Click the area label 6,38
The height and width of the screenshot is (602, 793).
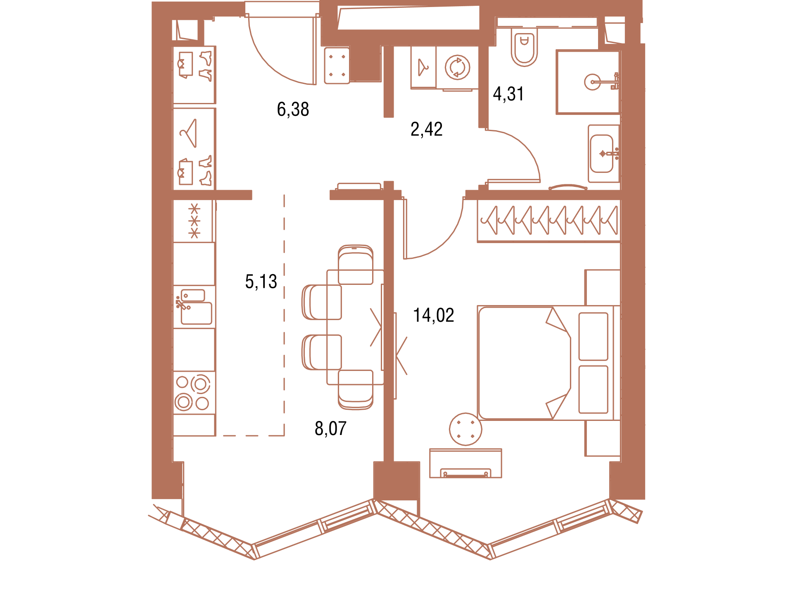pos(293,110)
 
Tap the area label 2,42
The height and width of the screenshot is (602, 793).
pos(426,129)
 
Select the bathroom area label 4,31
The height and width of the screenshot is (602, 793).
pos(508,94)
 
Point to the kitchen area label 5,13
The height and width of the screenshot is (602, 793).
pos(261,282)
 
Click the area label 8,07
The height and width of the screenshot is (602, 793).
pos(330,428)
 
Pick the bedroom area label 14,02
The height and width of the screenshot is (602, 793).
pos(434,315)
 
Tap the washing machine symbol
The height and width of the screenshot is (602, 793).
pos(457,67)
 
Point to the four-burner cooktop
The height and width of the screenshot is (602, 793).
pos(194,392)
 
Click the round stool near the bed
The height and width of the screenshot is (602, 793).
pos(465,429)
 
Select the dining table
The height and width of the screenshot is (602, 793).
pos(355,327)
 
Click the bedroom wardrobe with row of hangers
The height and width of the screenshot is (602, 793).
pos(549,221)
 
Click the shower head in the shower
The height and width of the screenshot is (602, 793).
pos(592,82)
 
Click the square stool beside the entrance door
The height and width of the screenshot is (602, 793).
pos(337,66)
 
